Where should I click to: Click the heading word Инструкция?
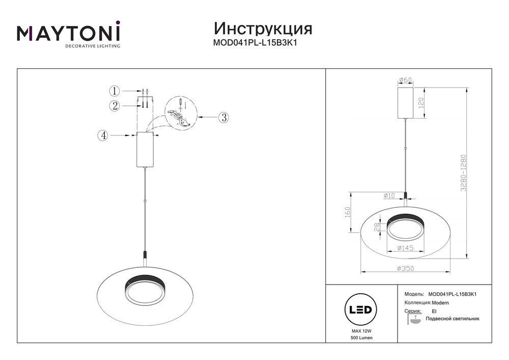coord(263,27)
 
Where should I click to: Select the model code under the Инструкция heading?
coord(254,43)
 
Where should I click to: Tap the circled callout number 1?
coord(115,91)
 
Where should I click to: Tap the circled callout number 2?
coord(115,106)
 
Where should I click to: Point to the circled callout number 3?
coord(223,117)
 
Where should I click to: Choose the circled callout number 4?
coord(103,135)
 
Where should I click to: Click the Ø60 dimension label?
coord(405,80)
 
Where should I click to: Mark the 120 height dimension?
coord(420,103)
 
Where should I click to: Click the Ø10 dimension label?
coord(390,195)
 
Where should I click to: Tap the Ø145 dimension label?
coord(405,248)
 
